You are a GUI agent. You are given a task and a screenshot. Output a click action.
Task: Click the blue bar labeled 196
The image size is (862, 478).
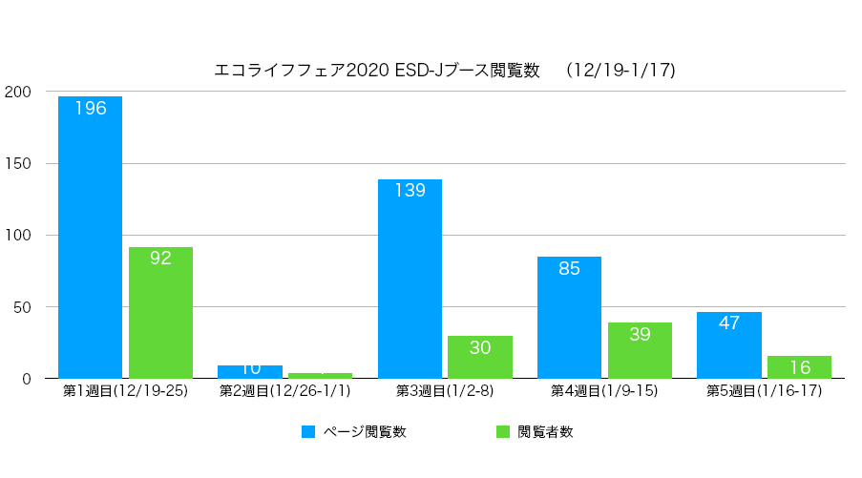pos(90,239)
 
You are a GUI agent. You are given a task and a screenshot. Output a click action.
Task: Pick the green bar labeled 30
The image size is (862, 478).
pos(480,357)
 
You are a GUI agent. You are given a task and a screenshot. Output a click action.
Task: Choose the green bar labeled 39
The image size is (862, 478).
pos(640,350)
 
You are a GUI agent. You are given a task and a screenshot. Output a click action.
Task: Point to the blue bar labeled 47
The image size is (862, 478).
pos(729,344)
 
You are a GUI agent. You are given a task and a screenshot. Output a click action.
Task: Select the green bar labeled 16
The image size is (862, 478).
pos(800,367)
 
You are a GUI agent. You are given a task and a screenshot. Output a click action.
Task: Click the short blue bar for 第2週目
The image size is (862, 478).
pos(250,372)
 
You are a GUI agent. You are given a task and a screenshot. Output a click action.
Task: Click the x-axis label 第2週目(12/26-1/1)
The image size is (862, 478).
pos(284,391)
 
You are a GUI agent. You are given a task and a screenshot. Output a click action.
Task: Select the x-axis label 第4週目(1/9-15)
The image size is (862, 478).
pos(604,391)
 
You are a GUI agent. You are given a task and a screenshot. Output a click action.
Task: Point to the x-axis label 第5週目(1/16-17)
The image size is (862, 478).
pos(764,391)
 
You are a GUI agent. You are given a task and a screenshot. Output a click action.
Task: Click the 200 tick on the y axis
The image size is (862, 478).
pos(18,92)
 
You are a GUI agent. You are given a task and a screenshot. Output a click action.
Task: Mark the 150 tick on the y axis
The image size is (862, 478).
pos(18,163)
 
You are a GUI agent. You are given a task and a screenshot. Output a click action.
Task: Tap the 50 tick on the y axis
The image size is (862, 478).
pos(22,307)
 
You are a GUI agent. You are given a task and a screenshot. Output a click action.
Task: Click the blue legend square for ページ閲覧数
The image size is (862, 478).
pos(308,432)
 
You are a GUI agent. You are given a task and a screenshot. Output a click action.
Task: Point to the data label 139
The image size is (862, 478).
pos(410,190)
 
